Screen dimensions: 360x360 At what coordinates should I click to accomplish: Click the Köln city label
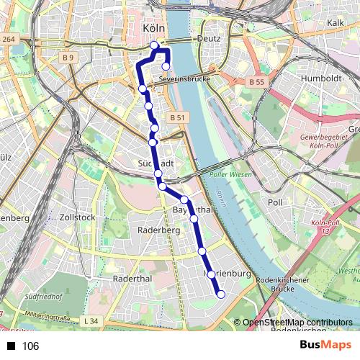pyautogui.click(x=154, y=28)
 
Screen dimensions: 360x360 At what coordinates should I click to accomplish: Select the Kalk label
pyautogui.click(x=336, y=23)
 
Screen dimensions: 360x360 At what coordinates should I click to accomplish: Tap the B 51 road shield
pyautogui.click(x=179, y=117)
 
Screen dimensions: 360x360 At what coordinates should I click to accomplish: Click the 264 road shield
pyautogui.click(x=8, y=39)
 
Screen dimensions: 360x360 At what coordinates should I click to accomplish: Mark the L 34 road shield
pyautogui.click(x=90, y=320)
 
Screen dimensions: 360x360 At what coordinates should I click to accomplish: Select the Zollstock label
pyautogui.click(x=78, y=217)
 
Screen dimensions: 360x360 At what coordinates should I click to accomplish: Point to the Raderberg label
pyautogui.click(x=157, y=230)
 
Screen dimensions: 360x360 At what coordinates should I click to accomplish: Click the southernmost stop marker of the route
pyautogui.click(x=221, y=293)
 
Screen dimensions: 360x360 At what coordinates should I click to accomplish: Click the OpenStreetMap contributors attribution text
pyautogui.click(x=297, y=323)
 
